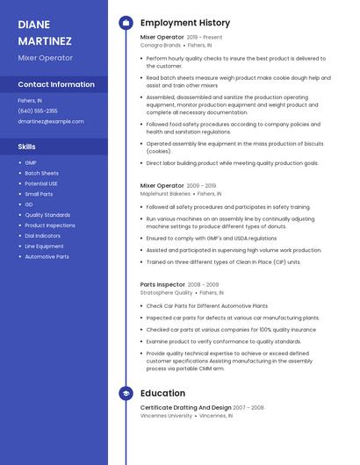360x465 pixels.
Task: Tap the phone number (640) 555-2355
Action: tap(38, 111)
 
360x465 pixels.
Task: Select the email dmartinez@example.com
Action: tap(51, 121)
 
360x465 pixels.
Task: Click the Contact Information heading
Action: tap(56, 85)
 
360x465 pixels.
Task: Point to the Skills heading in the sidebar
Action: tap(27, 147)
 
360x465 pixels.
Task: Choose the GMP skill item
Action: tap(31, 162)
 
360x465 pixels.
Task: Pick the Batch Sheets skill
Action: tap(41, 173)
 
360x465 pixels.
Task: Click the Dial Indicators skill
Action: tap(43, 236)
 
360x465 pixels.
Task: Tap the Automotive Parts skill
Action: tap(47, 257)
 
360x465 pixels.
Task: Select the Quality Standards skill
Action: tap(47, 215)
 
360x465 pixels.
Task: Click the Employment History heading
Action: tap(185, 23)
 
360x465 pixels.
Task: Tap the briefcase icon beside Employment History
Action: tap(126, 23)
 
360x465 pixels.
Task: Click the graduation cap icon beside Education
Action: tap(126, 394)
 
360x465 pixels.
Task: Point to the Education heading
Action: tap(162, 394)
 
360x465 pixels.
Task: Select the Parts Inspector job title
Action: tap(162, 284)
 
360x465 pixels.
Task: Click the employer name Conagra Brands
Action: tap(161, 45)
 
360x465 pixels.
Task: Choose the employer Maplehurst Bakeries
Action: tap(165, 194)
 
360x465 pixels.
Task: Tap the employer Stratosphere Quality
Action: tap(166, 293)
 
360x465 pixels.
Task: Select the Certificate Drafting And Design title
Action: tap(185, 407)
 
